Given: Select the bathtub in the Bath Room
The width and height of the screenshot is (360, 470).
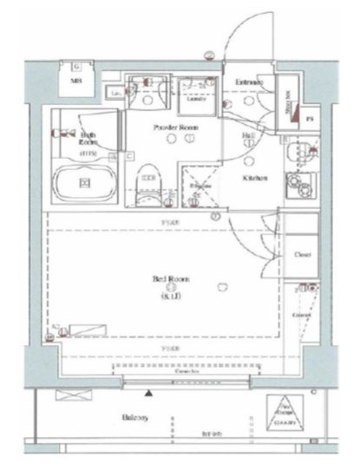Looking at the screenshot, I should click(84, 182).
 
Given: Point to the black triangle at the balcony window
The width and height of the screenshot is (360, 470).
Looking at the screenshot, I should click(148, 395).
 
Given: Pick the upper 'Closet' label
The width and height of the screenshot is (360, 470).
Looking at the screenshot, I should click(302, 255).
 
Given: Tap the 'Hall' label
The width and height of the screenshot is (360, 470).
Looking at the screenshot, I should click(246, 136).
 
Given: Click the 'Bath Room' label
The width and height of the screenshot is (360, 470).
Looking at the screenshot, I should click(88, 140).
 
